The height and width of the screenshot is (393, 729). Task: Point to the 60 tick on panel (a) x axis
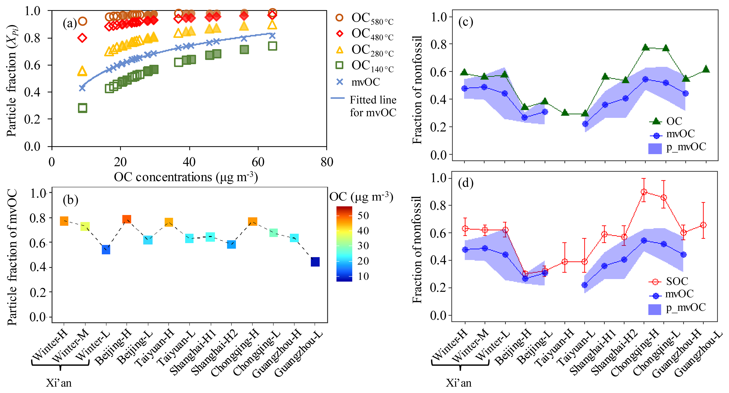pos(258,162)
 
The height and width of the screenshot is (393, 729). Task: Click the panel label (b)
pos(70,200)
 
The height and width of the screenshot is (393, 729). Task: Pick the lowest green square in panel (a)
pos(82,108)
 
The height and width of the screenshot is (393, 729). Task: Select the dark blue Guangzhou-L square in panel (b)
pos(315,262)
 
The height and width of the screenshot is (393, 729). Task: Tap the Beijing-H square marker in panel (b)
pos(126,219)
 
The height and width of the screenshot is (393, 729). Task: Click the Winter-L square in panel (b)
pos(106,250)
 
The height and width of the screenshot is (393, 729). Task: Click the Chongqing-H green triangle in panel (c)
pos(645,47)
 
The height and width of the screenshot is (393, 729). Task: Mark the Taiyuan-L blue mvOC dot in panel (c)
pos(585,124)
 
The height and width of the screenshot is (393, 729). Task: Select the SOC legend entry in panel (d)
pos(677,281)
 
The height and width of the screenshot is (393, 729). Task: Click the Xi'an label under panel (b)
pos(59,383)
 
